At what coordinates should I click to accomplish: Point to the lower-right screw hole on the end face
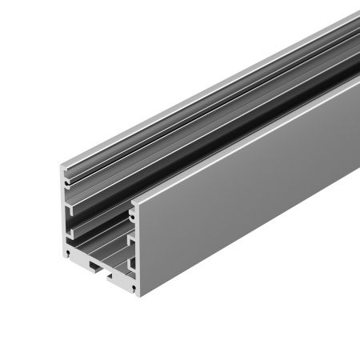pyautogui.click(x=128, y=283)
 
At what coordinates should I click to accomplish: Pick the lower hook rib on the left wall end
pyautogui.click(x=74, y=232)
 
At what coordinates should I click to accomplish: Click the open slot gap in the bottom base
pyautogui.click(x=99, y=269)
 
